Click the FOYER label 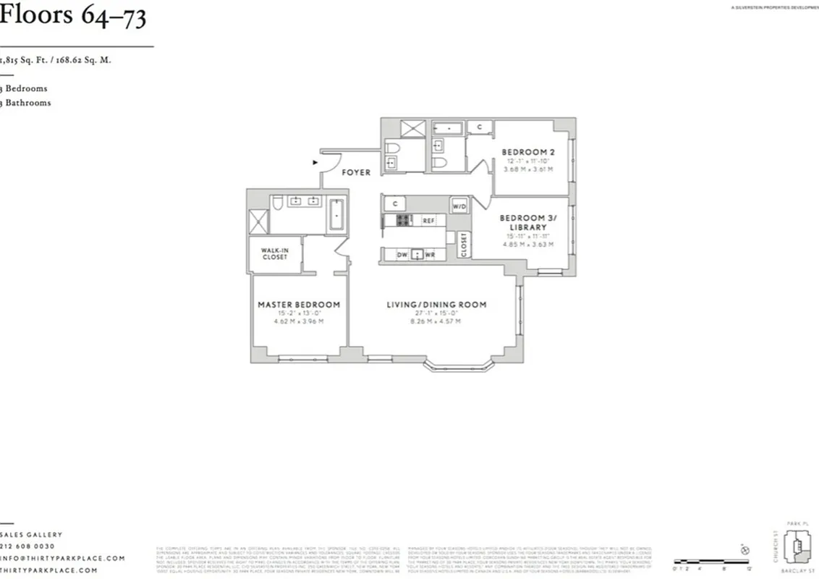pyautogui.click(x=356, y=172)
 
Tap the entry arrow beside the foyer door pyautogui.click(x=315, y=163)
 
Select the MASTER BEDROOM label pyautogui.click(x=299, y=305)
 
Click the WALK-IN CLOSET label pyautogui.click(x=275, y=253)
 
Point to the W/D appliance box pyautogui.click(x=459, y=206)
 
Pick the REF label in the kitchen pyautogui.click(x=428, y=220)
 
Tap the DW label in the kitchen pyautogui.click(x=402, y=255)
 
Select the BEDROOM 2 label pyautogui.click(x=528, y=152)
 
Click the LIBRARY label pyautogui.click(x=527, y=227)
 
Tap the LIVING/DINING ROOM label pyautogui.click(x=436, y=305)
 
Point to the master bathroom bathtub pyautogui.click(x=336, y=214)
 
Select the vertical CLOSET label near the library pyautogui.click(x=464, y=244)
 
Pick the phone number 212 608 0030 pyautogui.click(x=29, y=546)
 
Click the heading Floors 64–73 pyautogui.click(x=73, y=16)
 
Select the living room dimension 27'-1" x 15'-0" pyautogui.click(x=436, y=313)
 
